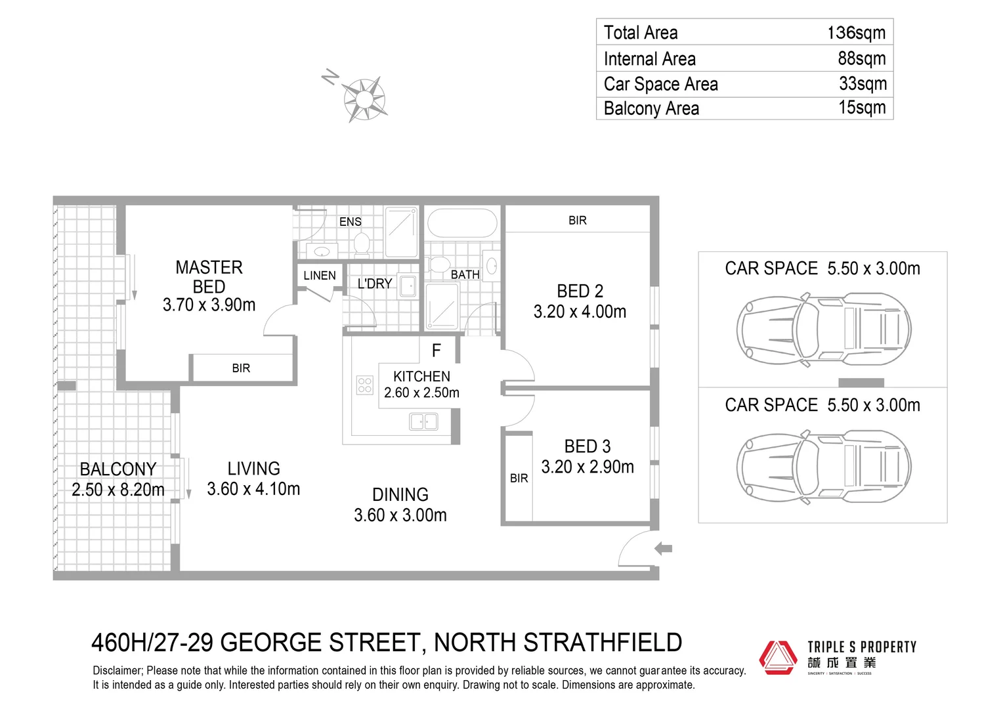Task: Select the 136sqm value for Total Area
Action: tap(856, 32)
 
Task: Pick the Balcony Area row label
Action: tap(651, 108)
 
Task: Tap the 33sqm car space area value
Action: tap(863, 83)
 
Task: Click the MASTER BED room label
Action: tap(209, 276)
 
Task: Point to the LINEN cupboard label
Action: tap(320, 276)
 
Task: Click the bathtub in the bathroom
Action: tap(462, 224)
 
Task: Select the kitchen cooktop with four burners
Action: tap(364, 385)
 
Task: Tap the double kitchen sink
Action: tap(423, 421)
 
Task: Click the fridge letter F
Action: tap(436, 351)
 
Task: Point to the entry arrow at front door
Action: tap(664, 548)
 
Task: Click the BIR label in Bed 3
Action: tap(519, 479)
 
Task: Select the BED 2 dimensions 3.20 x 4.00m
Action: tap(580, 312)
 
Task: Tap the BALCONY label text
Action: tap(118, 469)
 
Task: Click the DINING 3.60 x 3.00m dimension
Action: tap(400, 515)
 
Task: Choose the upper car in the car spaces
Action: tap(823, 329)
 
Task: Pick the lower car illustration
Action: tap(823, 466)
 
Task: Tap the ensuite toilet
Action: tap(362, 244)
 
